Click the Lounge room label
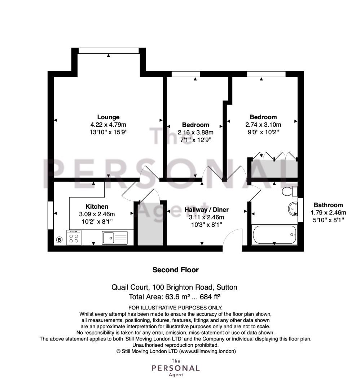[x=108, y=117]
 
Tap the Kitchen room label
[x=97, y=207]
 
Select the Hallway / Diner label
[x=206, y=210]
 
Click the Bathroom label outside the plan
[x=328, y=205]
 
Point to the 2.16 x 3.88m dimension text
[x=196, y=132]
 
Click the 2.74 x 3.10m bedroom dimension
[x=263, y=125]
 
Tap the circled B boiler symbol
[x=59, y=240]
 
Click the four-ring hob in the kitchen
[x=74, y=238]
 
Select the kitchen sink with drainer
[x=115, y=238]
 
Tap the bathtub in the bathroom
[x=274, y=234]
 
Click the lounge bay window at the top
[x=109, y=51]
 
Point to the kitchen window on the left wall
[x=51, y=215]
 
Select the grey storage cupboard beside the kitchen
[x=150, y=224]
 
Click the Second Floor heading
[x=176, y=270]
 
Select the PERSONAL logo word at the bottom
[x=176, y=368]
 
